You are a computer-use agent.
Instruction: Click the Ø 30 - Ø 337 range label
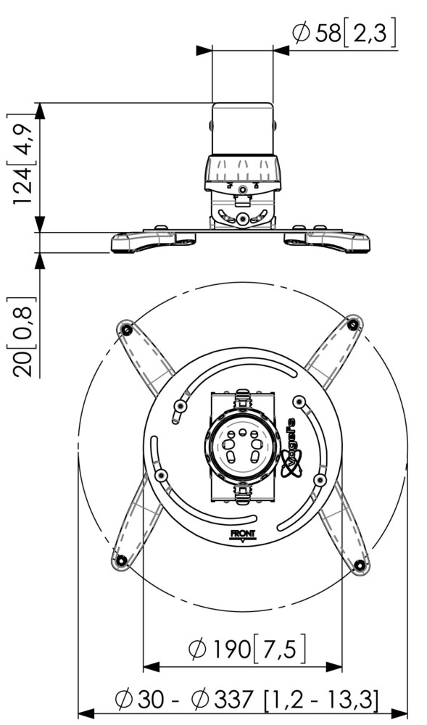tap(246, 699)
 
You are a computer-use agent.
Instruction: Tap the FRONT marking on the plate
tap(243, 534)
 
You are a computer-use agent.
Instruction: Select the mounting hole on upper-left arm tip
tap(126, 329)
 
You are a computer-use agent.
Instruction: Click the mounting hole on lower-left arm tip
tap(121, 560)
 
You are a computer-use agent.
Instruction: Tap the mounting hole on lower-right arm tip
tap(360, 564)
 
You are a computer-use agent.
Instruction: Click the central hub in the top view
tap(242, 446)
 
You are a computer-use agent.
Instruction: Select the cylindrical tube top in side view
tap(243, 128)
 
